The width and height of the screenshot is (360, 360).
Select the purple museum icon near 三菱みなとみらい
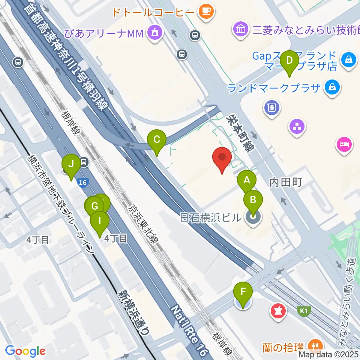point(240,29)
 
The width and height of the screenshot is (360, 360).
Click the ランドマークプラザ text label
point(274,88)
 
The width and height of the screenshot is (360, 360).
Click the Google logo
point(25,351)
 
